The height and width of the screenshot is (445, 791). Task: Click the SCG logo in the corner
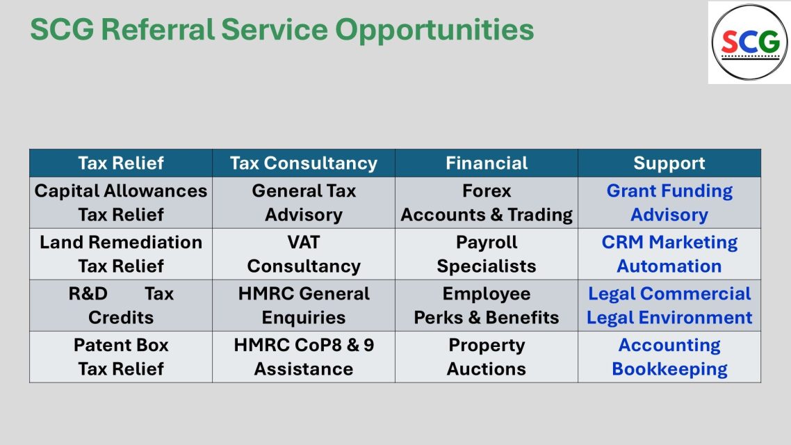(749, 42)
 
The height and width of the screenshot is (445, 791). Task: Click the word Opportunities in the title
(434, 30)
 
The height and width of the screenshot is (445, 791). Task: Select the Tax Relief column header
(121, 163)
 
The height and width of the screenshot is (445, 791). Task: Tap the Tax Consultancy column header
(304, 163)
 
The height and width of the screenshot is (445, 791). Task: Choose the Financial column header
(487, 163)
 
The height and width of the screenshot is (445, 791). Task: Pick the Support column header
(669, 163)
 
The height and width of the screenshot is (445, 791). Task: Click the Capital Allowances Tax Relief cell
(121, 203)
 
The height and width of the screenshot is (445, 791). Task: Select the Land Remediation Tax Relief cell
(121, 254)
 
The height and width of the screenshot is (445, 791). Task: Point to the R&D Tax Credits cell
(121, 306)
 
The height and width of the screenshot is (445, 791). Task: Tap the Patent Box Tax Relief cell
(121, 357)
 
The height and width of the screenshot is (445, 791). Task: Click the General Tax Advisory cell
(304, 203)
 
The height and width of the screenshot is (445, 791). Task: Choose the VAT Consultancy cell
(304, 254)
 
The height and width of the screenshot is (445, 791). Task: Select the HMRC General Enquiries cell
(304, 306)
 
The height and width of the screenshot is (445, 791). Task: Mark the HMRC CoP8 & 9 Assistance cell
(304, 357)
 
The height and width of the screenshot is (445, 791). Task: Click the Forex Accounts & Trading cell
(487, 203)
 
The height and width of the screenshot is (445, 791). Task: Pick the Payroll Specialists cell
(487, 254)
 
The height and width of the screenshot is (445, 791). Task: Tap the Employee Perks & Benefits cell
(487, 306)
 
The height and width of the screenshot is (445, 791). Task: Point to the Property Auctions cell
(487, 357)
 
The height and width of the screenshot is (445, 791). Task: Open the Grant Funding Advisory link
(669, 203)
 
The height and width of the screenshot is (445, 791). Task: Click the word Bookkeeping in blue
(669, 369)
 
